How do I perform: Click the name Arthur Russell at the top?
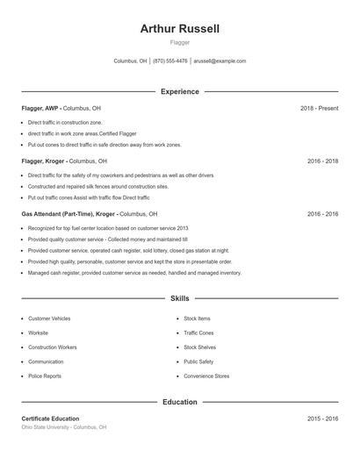pos(180,29)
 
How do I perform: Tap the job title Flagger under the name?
pos(180,42)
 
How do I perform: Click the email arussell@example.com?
pos(220,61)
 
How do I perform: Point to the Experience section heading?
pos(180,91)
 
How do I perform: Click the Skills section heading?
pos(180,299)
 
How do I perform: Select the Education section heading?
pos(180,402)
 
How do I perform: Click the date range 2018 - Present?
pos(319,108)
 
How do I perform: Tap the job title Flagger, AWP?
pos(40,108)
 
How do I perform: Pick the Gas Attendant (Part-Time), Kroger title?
pos(68,213)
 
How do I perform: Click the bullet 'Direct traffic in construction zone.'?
pos(65,122)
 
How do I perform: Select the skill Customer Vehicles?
pos(49,318)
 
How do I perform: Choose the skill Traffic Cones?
pos(198,333)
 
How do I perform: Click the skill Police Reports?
pos(45,376)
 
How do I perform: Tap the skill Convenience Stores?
pos(206,376)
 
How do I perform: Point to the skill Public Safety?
pos(198,361)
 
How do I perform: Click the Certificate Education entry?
pos(50,418)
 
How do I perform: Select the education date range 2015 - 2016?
pos(322,418)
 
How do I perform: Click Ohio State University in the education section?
pos(51,427)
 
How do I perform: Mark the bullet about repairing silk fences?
pos(97,187)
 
